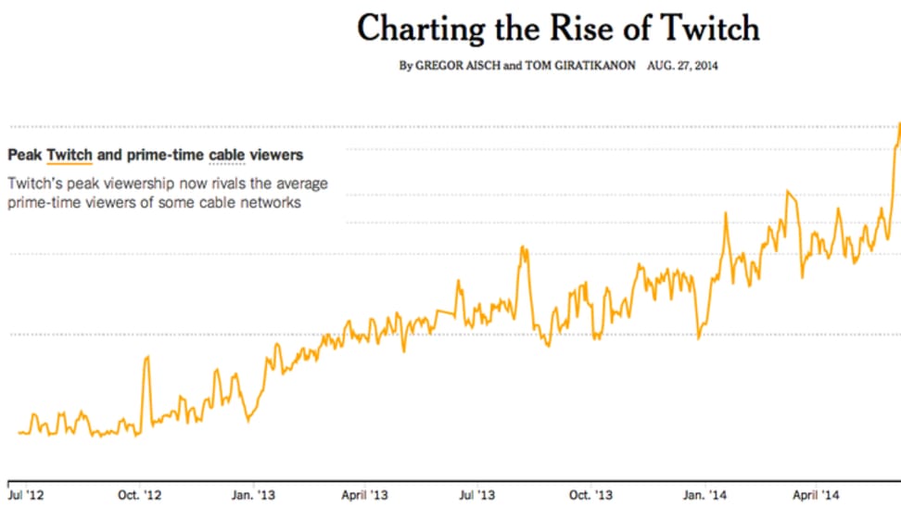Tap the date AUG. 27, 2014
pyautogui.click(x=684, y=67)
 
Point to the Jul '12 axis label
pyautogui.click(x=27, y=494)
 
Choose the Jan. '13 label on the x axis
pyautogui.click(x=253, y=494)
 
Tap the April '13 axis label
pyautogui.click(x=364, y=494)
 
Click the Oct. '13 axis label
pyautogui.click(x=590, y=494)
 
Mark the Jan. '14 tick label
pyautogui.click(x=704, y=494)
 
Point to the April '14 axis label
pyautogui.click(x=815, y=494)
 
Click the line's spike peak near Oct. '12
pyautogui.click(x=146, y=357)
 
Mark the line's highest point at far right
pyautogui.click(x=899, y=123)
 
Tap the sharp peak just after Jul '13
pyautogui.click(x=524, y=247)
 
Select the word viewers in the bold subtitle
pyautogui.click(x=281, y=155)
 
